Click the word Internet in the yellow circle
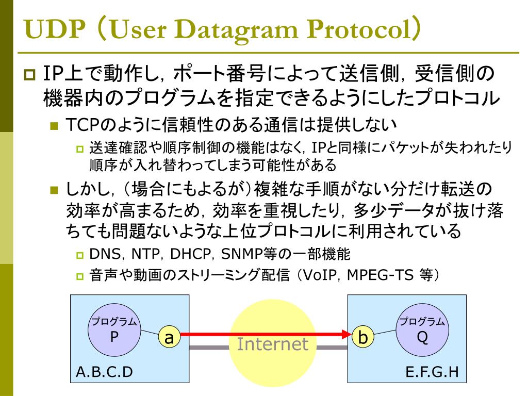point(272,343)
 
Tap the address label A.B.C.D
point(104,371)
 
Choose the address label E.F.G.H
point(432,371)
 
